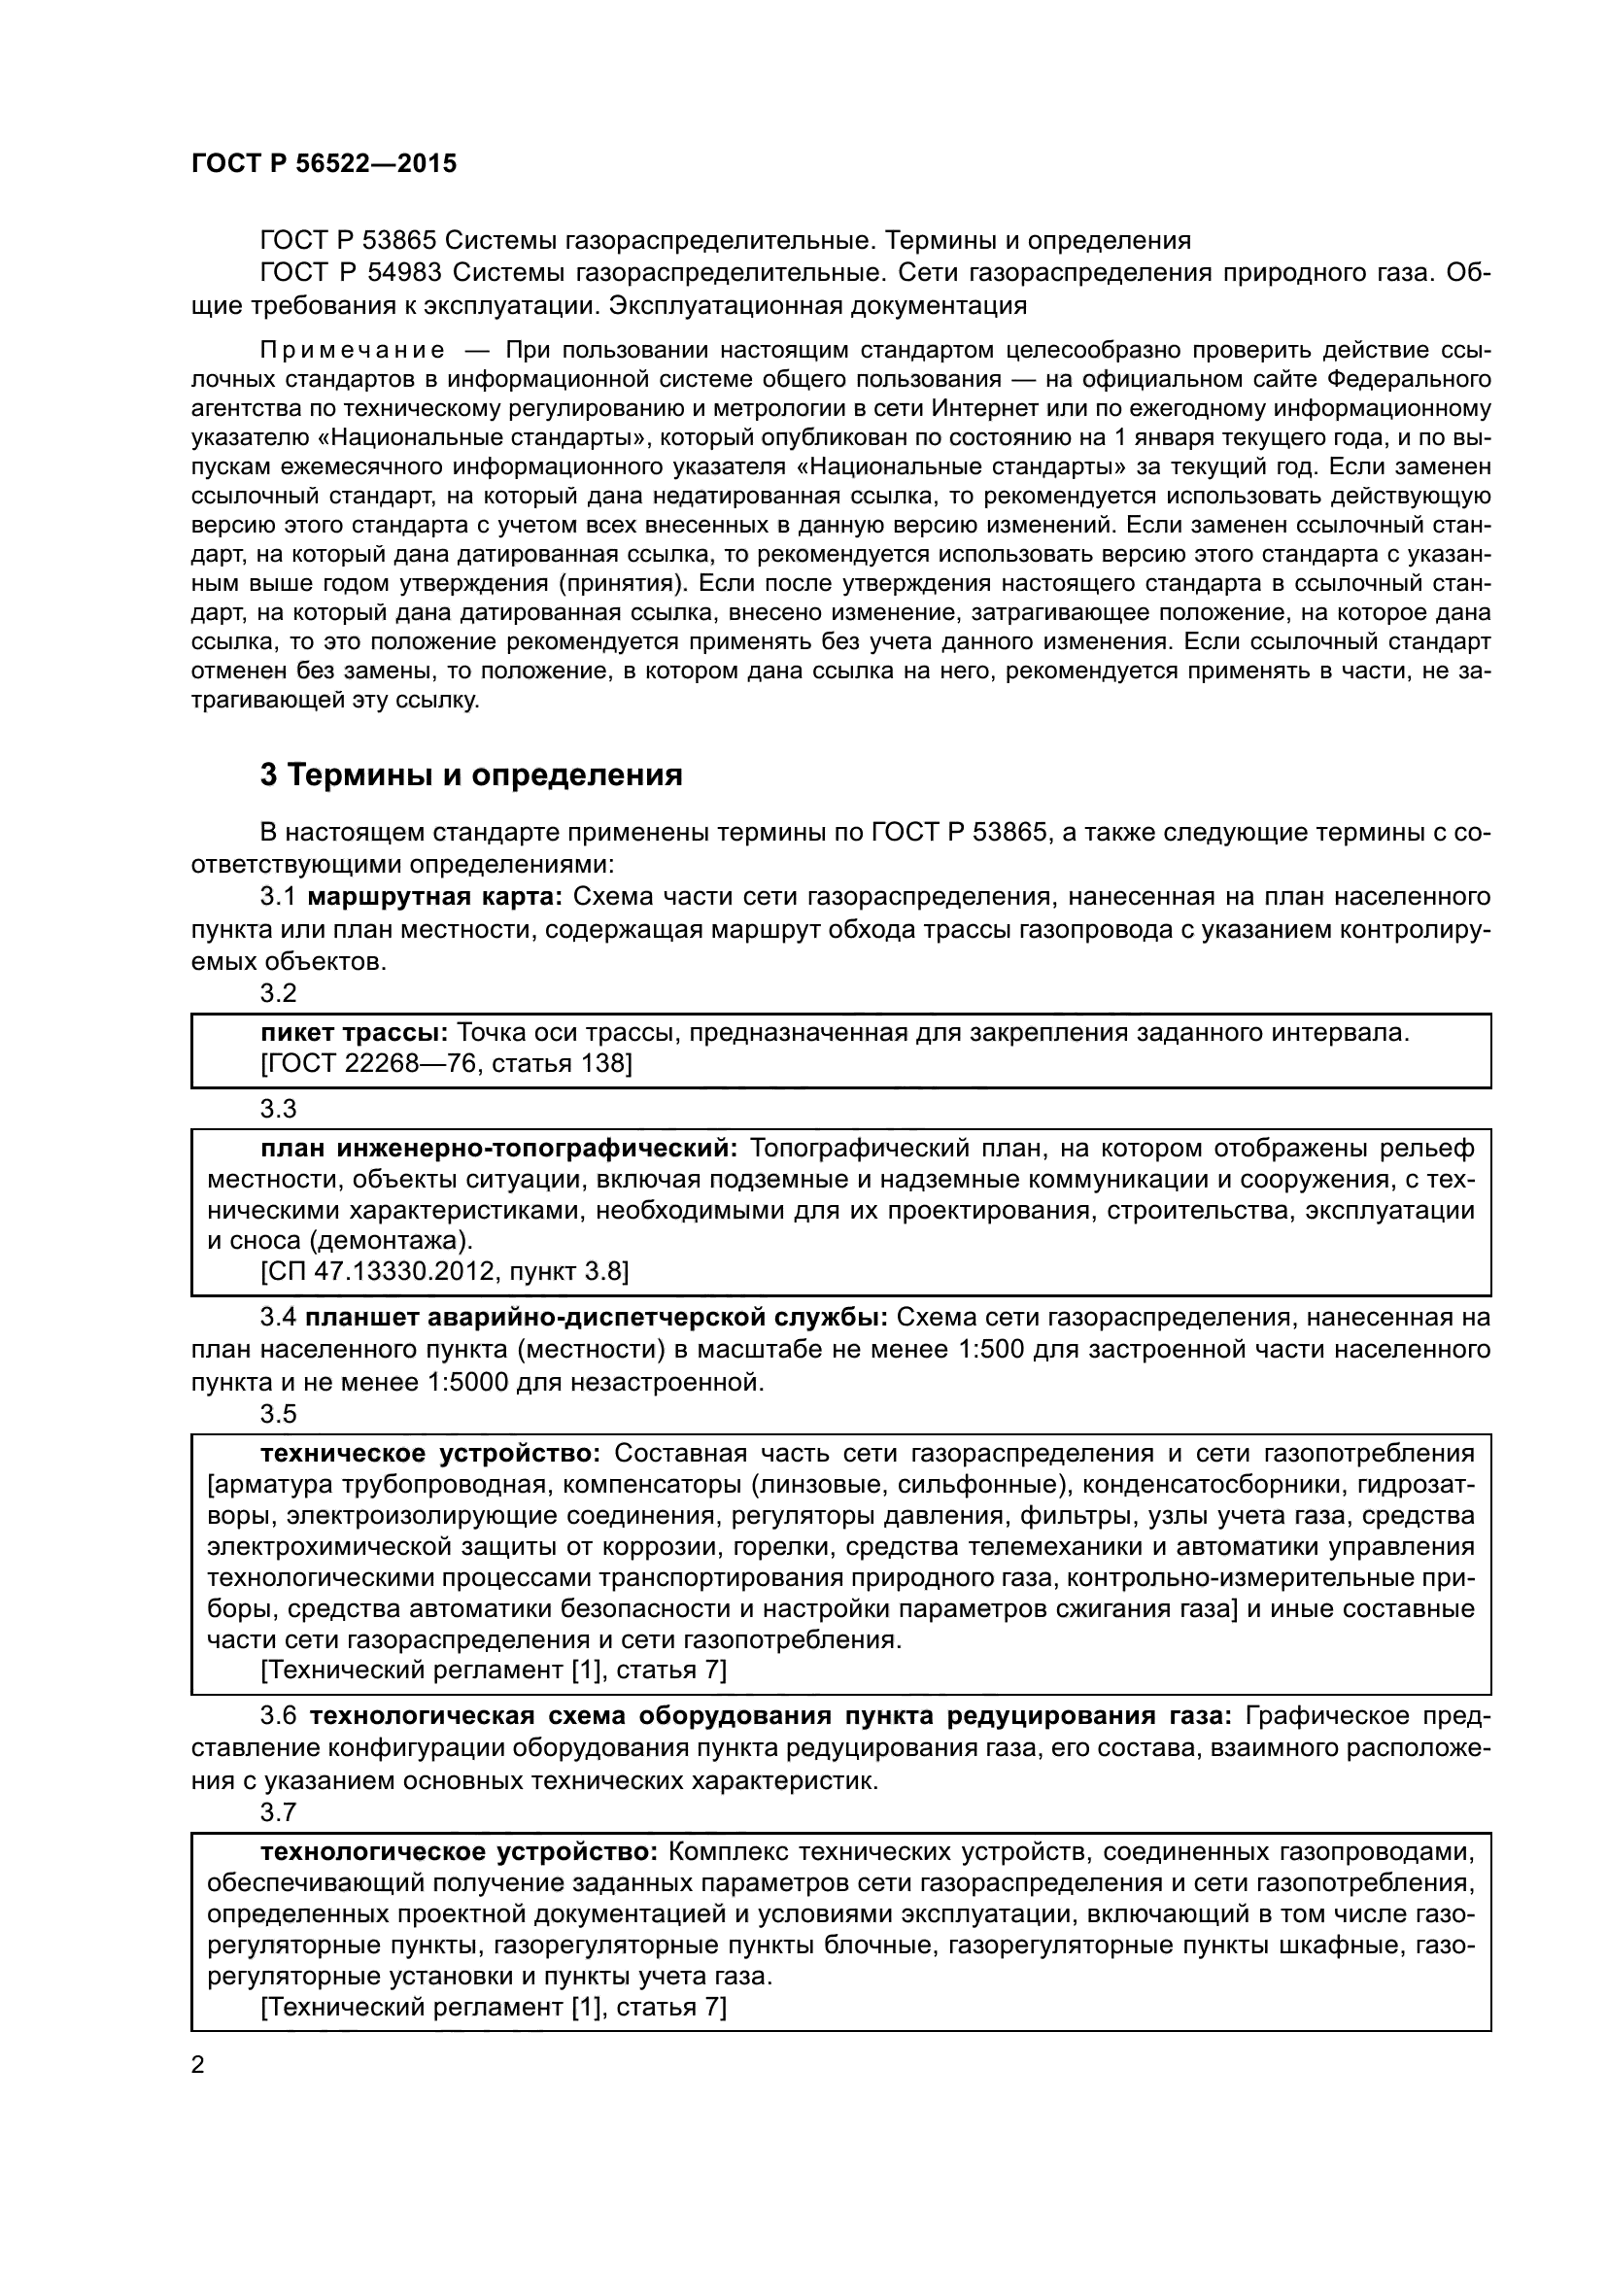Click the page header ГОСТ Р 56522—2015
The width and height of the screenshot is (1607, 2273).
324,164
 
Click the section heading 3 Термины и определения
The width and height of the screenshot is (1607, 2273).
471,775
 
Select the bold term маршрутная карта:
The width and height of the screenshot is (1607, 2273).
435,897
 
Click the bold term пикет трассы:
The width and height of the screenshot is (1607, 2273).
355,1034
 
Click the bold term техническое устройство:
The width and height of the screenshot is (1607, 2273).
430,1453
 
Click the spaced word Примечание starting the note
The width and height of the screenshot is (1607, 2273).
351,351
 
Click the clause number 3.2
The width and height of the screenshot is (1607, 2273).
278,993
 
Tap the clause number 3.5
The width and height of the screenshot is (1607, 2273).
278,1414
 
